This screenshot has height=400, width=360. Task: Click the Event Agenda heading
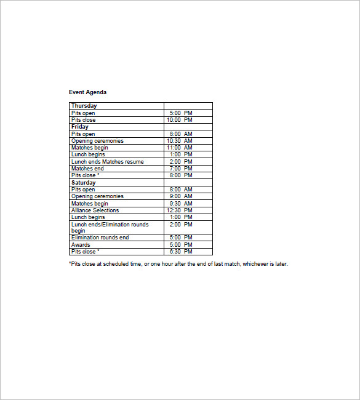pos(87,92)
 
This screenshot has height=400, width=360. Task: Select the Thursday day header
pos(84,106)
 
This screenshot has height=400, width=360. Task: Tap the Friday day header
pos(80,127)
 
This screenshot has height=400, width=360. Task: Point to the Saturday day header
pos(84,183)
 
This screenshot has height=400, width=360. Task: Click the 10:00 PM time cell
pos(180,120)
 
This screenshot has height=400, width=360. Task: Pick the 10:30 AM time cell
pos(180,141)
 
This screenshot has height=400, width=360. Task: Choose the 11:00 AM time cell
pos(180,148)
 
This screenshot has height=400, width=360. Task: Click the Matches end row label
pos(87,169)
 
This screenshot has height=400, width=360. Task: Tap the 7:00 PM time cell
pos(181,169)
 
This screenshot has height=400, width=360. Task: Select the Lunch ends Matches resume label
pos(107,162)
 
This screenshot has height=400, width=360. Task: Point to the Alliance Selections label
pos(95,210)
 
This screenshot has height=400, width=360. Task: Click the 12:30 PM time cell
pos(180,210)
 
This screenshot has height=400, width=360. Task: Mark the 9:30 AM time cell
pos(181,204)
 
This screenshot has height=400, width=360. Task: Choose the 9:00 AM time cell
pos(181,196)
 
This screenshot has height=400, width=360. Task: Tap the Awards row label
pos(81,245)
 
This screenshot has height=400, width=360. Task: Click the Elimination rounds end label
pos(100,238)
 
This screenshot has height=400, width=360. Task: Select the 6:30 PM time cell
pos(181,252)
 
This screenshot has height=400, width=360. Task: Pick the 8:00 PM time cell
pos(181,175)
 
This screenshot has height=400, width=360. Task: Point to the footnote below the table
pos(178,264)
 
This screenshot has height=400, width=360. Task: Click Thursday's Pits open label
pos(83,113)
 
